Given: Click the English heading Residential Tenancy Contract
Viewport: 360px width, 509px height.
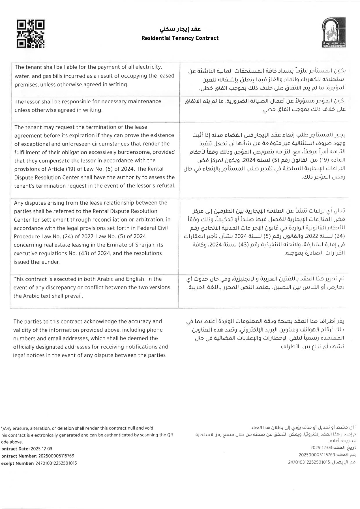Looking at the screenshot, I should [180, 38].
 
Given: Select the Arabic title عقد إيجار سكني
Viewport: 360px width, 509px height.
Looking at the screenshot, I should [180, 29].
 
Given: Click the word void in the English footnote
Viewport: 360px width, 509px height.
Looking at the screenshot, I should [149, 428].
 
